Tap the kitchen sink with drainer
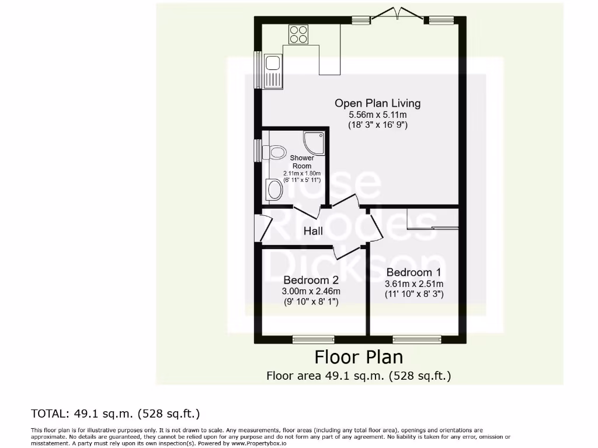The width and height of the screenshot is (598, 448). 273,71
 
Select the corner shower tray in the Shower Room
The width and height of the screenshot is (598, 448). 313,142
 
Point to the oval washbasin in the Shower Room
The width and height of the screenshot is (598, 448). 273,189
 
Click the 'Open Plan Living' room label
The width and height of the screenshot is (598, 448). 377,103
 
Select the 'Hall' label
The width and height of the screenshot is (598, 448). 313,231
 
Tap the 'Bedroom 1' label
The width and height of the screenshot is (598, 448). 413,272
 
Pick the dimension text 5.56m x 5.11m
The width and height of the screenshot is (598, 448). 377,115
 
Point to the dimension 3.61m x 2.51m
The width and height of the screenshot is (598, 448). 413,284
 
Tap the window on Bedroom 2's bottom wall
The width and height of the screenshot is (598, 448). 314,339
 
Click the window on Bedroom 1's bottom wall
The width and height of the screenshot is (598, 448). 417,339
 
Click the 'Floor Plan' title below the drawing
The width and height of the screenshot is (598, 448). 359,356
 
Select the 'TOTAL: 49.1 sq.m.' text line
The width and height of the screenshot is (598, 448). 115,414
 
